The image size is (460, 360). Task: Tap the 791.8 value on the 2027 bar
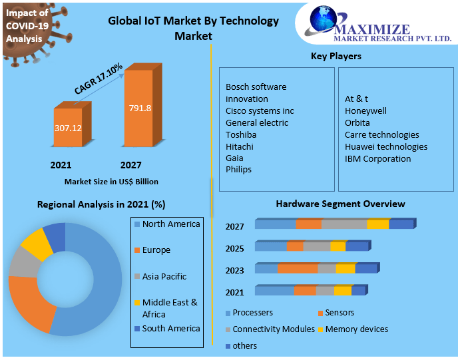coord(140,108)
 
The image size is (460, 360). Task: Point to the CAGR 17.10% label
coord(98,79)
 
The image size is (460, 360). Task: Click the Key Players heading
coord(336,57)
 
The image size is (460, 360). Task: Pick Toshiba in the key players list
coord(241,134)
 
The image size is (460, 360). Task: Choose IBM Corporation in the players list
coord(377,158)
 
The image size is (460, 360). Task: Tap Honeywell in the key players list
coord(365,110)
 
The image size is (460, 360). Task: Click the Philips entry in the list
coord(239,170)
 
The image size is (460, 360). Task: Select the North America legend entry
coord(170,224)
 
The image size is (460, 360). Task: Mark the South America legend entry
coord(170,328)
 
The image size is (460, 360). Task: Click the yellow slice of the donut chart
coord(37,244)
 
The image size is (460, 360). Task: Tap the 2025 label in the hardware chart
coord(234,248)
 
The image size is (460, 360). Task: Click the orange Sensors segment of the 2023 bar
coord(298,269)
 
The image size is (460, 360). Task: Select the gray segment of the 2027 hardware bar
coord(344,224)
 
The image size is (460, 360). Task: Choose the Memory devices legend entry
coord(356,329)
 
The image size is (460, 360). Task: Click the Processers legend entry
coord(252,312)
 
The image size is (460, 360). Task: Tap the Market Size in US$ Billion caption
coord(111,181)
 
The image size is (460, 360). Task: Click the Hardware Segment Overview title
coord(340,204)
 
